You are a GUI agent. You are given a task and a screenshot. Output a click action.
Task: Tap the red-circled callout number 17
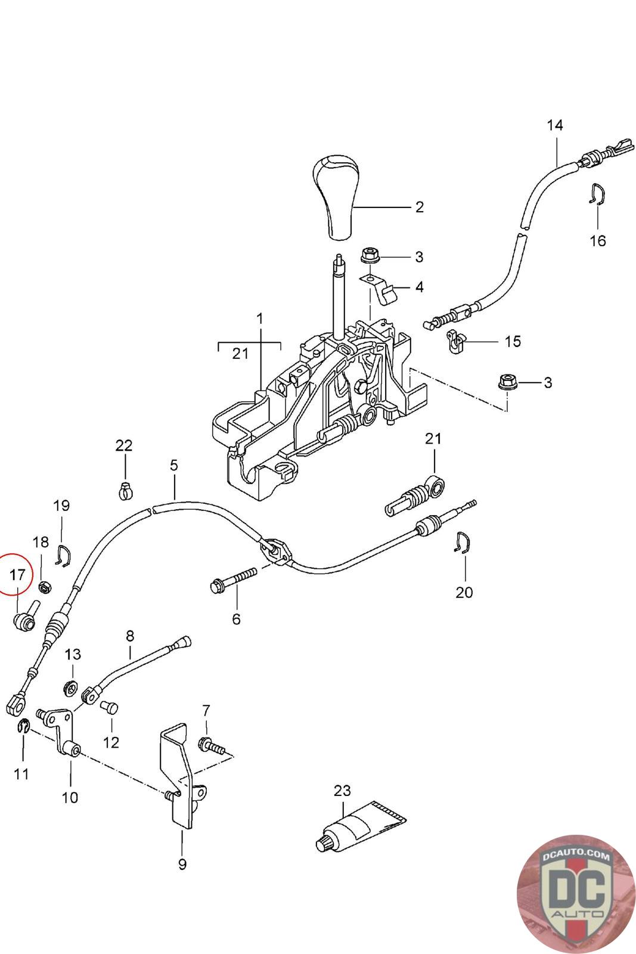(17, 575)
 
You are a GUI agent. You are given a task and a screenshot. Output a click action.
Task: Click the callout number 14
(554, 125)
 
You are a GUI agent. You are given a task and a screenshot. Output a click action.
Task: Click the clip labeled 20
(463, 542)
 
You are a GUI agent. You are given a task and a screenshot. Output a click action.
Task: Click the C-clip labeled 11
(22, 726)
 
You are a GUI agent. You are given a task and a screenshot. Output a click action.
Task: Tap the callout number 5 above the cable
(173, 464)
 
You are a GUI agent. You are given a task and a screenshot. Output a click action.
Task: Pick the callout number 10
(70, 797)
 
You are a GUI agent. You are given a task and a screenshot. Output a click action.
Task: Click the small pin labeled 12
(110, 708)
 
